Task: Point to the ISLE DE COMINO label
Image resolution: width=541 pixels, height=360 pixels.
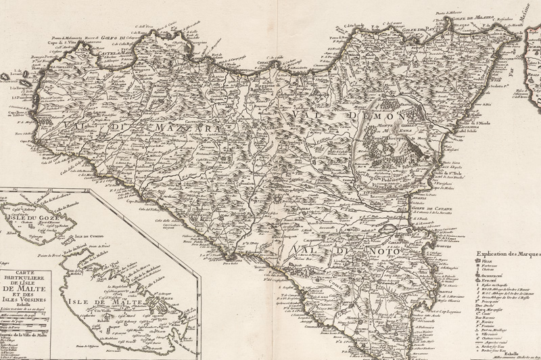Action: (x=88, y=238)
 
